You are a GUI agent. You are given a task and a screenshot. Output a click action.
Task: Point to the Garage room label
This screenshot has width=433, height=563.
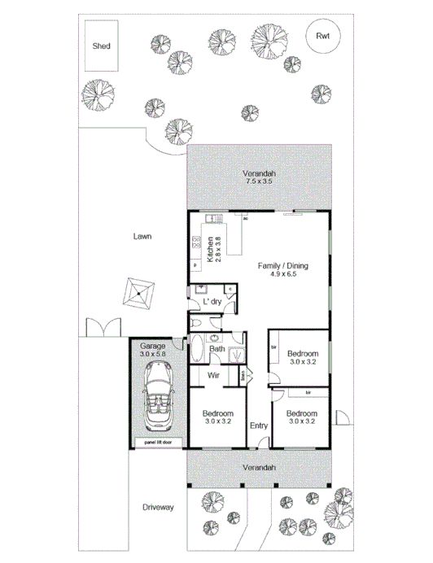[x=152, y=346]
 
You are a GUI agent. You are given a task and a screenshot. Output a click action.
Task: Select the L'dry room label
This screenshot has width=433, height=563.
[x=212, y=302]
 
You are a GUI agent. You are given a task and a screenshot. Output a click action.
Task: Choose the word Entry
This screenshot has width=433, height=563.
[x=259, y=426]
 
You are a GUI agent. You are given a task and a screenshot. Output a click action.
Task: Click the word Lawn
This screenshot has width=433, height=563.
[x=146, y=237]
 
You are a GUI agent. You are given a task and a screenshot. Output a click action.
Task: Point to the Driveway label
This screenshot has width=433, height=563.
[x=158, y=508]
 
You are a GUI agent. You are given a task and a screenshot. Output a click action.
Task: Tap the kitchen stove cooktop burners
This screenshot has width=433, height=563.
[x=196, y=242]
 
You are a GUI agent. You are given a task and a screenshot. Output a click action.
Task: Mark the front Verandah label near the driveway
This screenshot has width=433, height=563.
[x=260, y=469]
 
